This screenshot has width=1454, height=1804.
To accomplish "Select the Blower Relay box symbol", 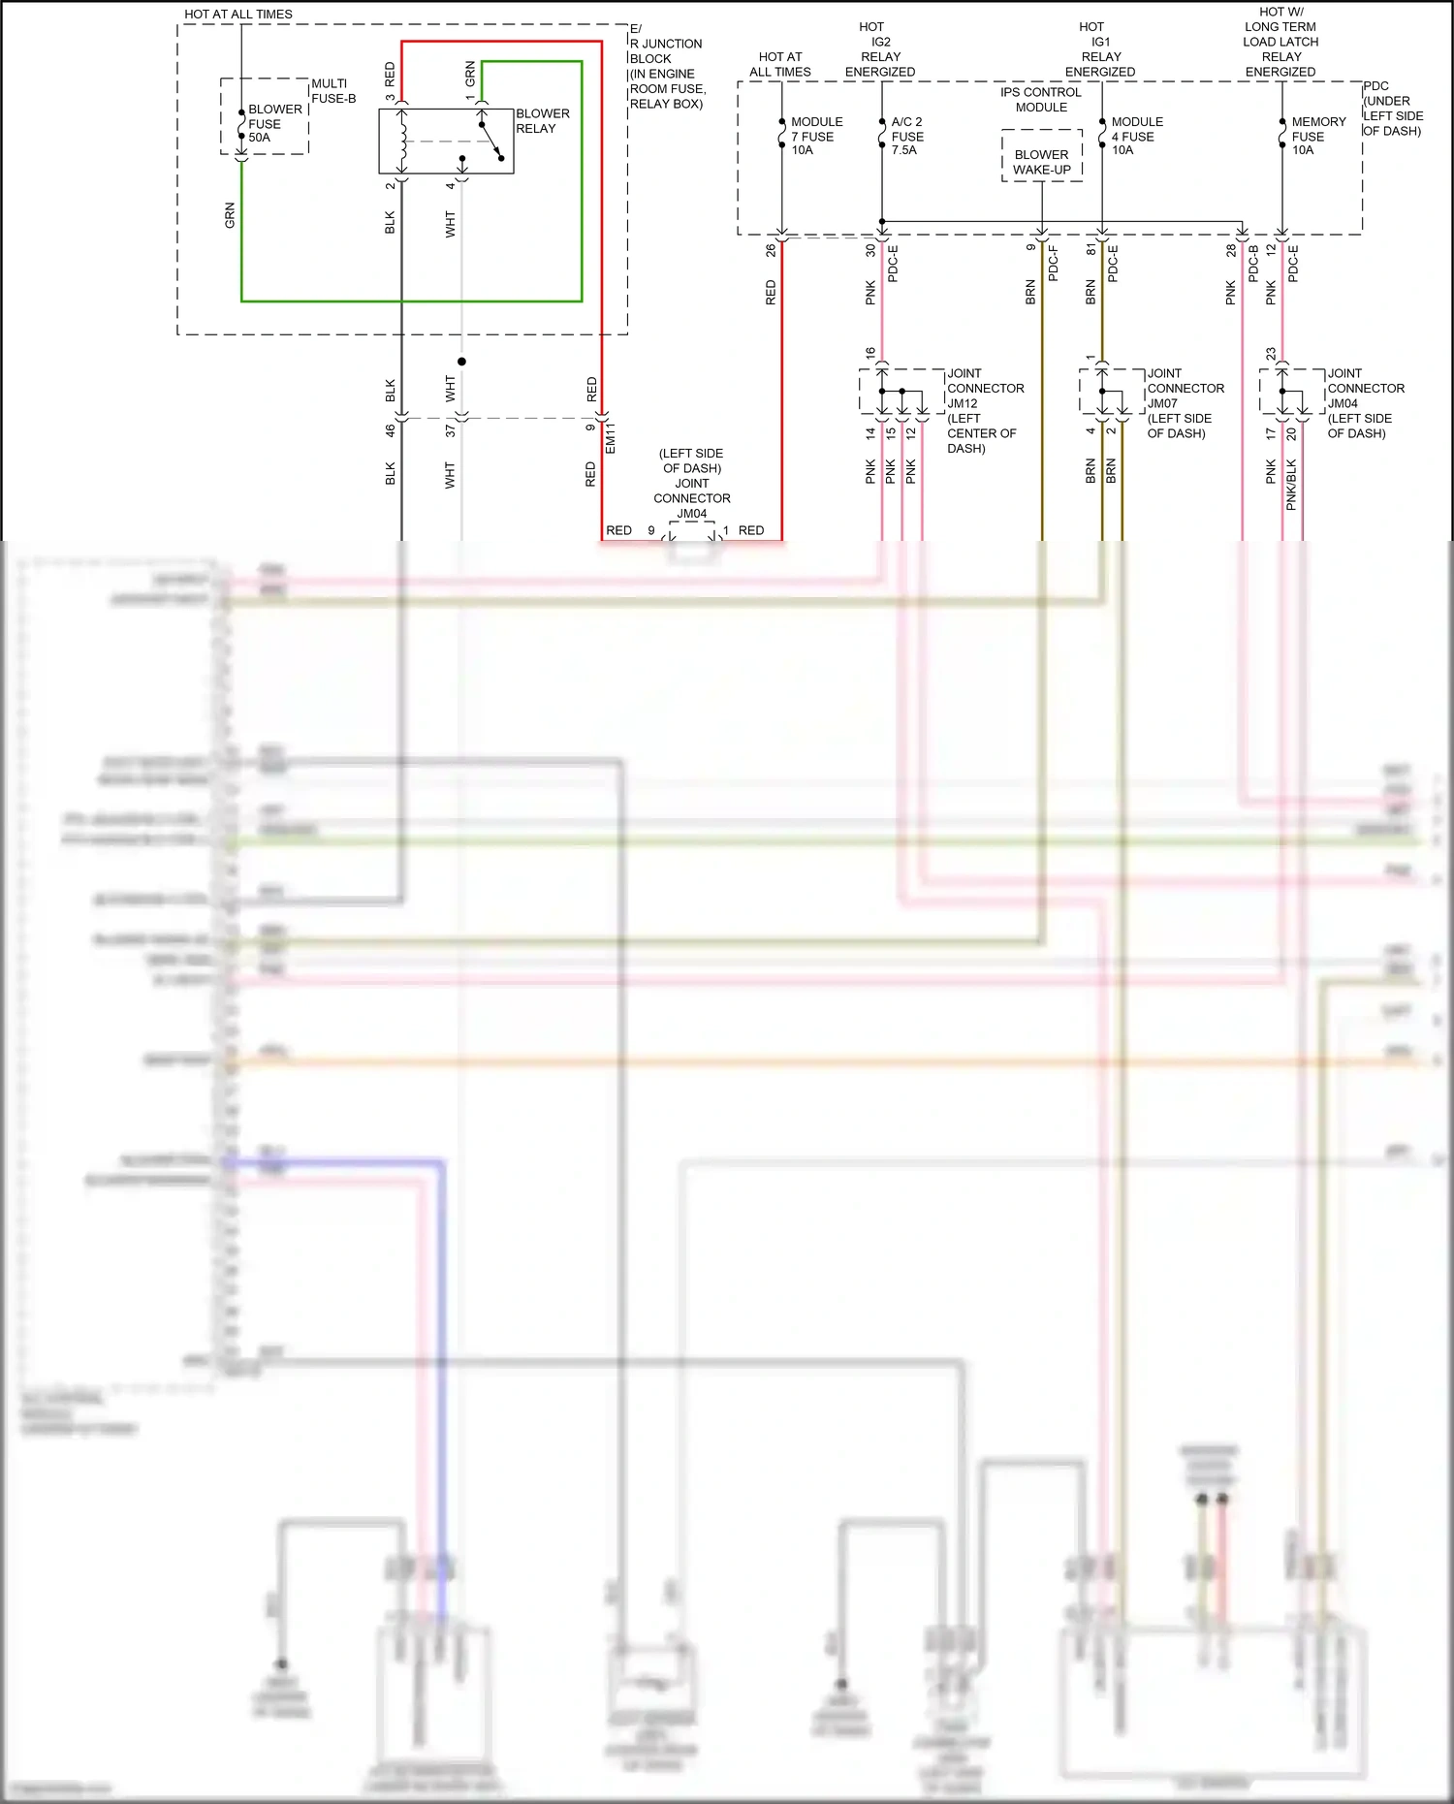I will [x=446, y=142].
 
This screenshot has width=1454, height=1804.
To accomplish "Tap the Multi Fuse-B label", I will [x=333, y=91].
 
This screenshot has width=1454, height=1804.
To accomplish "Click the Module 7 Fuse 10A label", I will [x=816, y=136].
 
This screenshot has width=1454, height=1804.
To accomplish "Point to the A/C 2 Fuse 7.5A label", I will [x=907, y=136].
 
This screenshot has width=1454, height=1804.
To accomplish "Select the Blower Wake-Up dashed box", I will [x=1042, y=156].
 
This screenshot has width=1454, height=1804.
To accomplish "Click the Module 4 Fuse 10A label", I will [x=1137, y=136].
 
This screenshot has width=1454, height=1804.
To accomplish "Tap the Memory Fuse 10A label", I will [x=1318, y=136].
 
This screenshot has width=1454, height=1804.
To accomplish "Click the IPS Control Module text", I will [x=1041, y=100].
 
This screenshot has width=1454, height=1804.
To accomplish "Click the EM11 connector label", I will [x=611, y=438].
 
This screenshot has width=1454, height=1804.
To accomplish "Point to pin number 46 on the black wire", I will [x=390, y=430].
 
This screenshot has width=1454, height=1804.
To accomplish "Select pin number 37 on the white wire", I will [x=450, y=430].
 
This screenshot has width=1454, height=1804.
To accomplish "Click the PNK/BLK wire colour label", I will [x=1291, y=485].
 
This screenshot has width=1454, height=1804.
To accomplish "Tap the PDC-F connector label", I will [x=1054, y=264].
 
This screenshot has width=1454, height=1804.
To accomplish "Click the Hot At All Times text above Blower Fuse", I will [x=238, y=15].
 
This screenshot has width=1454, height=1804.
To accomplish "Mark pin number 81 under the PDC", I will [x=1091, y=250].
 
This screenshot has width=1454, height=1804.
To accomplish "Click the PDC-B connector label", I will [x=1253, y=264].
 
